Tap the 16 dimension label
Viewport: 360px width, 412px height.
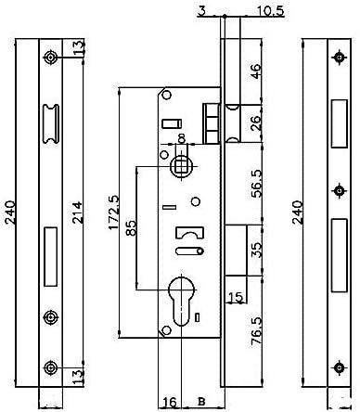[x=170, y=402]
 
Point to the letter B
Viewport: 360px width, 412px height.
[x=202, y=402]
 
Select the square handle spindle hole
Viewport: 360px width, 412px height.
[x=182, y=167]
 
